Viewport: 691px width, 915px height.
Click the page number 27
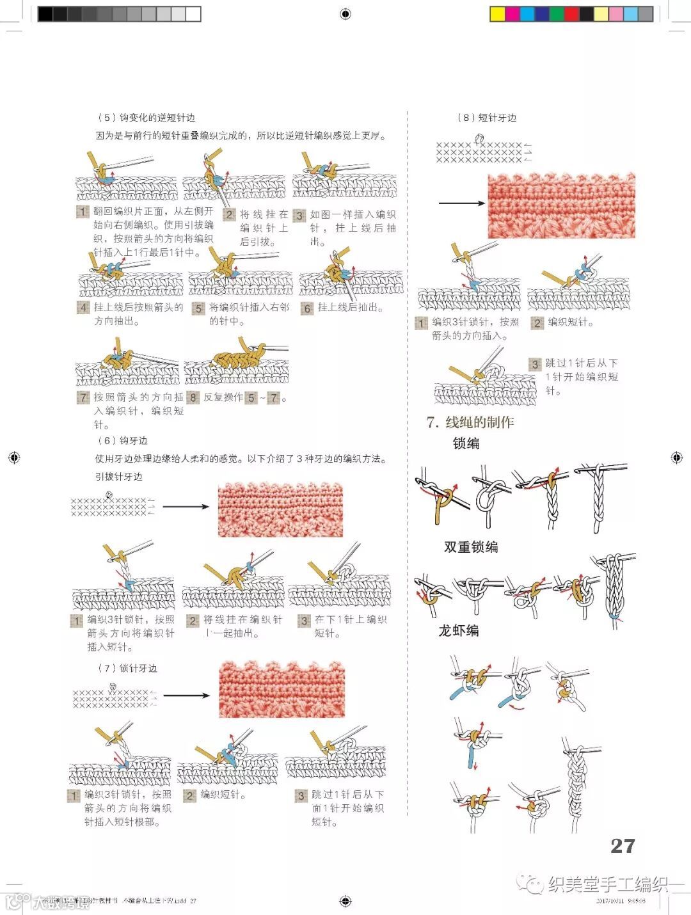622,845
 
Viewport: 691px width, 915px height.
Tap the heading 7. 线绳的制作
470,422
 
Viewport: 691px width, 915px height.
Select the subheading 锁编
466,443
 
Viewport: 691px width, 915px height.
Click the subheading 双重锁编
471,547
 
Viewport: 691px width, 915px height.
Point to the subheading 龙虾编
458,631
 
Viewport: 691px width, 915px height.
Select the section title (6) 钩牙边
122,441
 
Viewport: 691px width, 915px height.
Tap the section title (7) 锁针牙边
127,668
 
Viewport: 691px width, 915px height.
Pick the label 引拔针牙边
119,477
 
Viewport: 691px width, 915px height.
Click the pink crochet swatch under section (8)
561,205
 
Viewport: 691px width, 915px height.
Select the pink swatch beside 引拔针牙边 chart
280,509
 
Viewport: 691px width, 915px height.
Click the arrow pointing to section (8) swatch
462,203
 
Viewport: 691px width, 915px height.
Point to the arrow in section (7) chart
186,696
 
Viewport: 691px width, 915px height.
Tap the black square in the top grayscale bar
45,14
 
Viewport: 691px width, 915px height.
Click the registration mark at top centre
345,14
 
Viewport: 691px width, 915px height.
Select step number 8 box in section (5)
193,397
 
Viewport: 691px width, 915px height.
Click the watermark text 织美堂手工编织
608,884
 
